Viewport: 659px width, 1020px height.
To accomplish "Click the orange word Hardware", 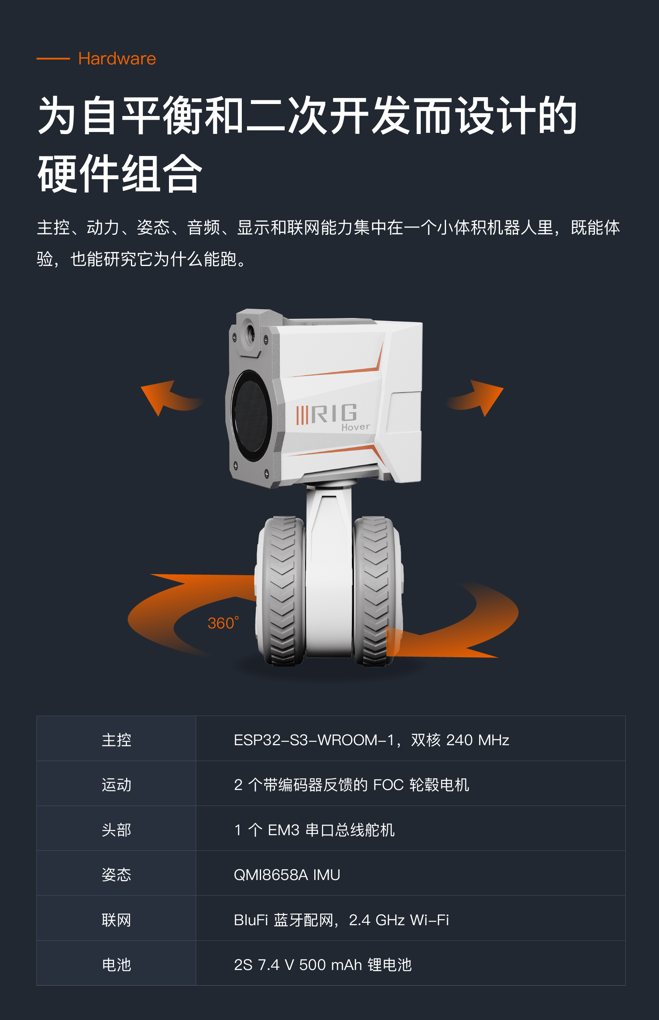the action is pyautogui.click(x=117, y=58).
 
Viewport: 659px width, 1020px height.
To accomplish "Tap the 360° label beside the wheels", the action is pyautogui.click(x=223, y=623).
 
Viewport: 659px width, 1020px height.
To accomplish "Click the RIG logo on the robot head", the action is pyautogui.click(x=327, y=414).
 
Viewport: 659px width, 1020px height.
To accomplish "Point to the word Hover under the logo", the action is pyautogui.click(x=356, y=427).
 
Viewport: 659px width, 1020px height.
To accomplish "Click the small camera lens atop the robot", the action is pyautogui.click(x=250, y=334).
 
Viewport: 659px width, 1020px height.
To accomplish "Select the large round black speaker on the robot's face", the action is pyautogui.click(x=251, y=416).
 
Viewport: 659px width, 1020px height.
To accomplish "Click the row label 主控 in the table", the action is pyautogui.click(x=117, y=740).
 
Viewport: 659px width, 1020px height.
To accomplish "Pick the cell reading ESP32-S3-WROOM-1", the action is pyautogui.click(x=372, y=740).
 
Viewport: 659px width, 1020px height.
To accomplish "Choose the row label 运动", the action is pyautogui.click(x=117, y=785).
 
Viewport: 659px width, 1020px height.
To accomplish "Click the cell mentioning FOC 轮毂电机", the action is pyautogui.click(x=352, y=785).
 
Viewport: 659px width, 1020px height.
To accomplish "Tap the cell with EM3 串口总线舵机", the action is pyautogui.click(x=314, y=830).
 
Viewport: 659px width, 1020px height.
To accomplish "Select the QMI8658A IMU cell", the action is pyautogui.click(x=287, y=875).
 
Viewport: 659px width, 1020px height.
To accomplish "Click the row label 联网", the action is pyautogui.click(x=117, y=920).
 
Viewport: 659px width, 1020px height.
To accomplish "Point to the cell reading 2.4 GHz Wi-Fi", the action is pyautogui.click(x=341, y=920).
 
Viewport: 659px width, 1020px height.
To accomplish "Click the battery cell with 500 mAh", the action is pyautogui.click(x=323, y=965).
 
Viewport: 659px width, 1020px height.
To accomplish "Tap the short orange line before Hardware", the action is pyautogui.click(x=53, y=58).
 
